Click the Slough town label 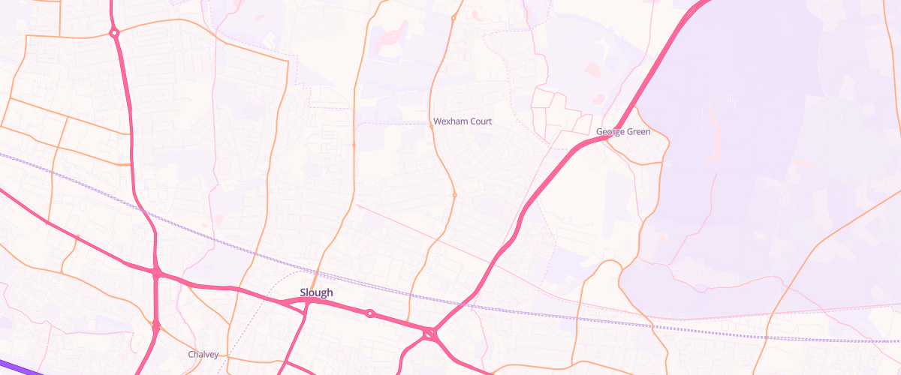[x=316, y=292]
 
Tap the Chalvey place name [x=203, y=354]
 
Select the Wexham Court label [x=463, y=121]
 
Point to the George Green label [x=622, y=132]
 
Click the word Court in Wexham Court [x=481, y=121]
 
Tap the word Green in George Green [x=637, y=132]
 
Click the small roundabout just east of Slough [x=369, y=313]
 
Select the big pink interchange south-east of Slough [x=430, y=334]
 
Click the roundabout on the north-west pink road [x=114, y=33]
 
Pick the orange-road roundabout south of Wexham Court [x=454, y=195]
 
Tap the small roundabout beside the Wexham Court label [x=431, y=127]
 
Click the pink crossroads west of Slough [x=156, y=272]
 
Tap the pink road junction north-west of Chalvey [x=155, y=325]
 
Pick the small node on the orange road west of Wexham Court [x=353, y=144]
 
